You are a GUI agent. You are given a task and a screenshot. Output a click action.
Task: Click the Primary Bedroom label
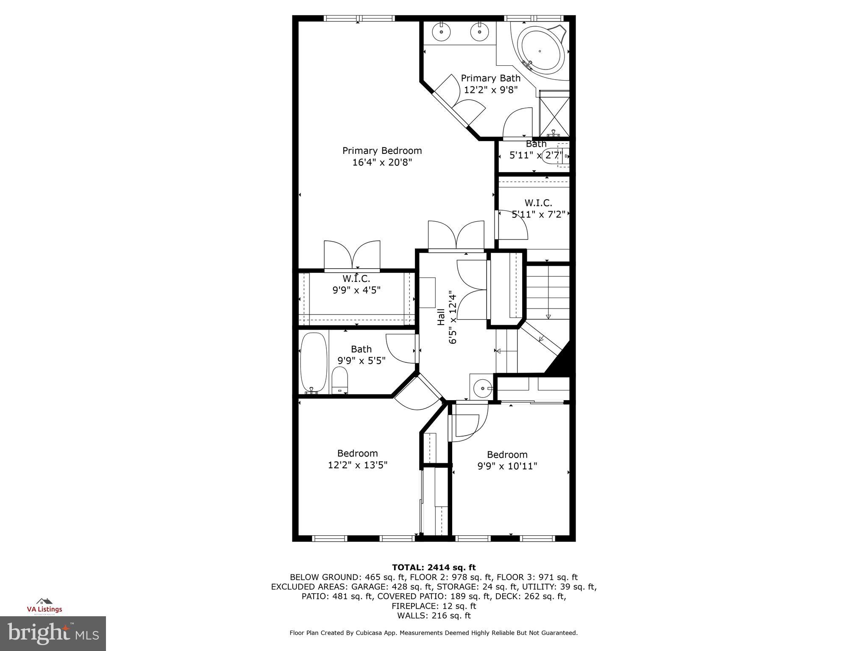(382, 151)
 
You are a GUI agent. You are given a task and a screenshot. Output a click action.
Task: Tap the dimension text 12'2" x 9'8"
(491, 90)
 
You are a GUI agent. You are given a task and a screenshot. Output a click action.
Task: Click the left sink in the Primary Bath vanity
(441, 31)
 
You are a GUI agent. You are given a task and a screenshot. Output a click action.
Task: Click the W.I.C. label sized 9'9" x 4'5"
(356, 279)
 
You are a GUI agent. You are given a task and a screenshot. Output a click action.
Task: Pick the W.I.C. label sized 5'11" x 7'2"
(538, 203)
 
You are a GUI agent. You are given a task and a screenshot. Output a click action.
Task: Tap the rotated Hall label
(441, 317)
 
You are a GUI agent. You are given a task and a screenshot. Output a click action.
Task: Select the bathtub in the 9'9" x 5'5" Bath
(314, 362)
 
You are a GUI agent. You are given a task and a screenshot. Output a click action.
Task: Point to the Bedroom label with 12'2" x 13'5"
(357, 453)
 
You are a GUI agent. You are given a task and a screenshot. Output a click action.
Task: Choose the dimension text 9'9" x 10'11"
(507, 466)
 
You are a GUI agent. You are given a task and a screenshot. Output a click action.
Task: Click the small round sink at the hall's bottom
(481, 387)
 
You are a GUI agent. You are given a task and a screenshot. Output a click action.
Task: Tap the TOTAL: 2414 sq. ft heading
(434, 568)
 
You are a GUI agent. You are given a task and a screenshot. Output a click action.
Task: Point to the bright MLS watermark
(53, 633)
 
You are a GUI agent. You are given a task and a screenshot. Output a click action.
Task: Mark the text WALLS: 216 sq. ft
(434, 616)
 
